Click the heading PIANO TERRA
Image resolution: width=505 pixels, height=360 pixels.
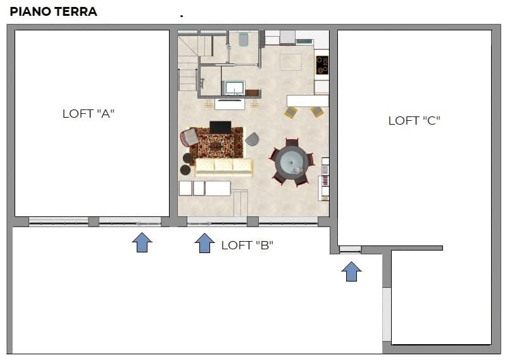coord(53,11)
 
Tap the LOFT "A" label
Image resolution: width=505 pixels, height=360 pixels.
coord(89,114)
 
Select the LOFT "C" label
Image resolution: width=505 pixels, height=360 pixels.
coord(414,121)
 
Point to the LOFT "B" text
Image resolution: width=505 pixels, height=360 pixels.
coord(247,245)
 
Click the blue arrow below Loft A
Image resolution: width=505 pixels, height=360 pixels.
coord(142,242)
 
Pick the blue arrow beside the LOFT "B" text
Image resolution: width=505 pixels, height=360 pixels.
coord(205,243)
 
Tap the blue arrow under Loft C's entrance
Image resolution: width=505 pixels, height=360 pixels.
coord(351,271)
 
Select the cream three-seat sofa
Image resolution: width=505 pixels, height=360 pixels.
coord(224,168)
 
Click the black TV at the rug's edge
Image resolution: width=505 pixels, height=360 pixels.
coord(220,127)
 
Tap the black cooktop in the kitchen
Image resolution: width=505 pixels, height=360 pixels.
coord(322,65)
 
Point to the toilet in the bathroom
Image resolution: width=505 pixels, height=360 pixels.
coord(244,39)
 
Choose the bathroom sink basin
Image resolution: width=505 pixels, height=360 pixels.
coord(235,88)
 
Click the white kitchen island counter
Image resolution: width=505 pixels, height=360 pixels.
coord(308,101)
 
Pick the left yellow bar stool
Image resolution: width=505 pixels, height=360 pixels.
coord(291,112)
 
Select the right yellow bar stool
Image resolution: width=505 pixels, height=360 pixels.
coord(317,111)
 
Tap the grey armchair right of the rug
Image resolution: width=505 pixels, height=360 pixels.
coord(252,139)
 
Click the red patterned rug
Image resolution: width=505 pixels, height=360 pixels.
coord(218,144)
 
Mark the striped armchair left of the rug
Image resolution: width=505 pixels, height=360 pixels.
coord(189,137)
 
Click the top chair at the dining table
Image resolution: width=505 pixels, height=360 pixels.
coord(292,142)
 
